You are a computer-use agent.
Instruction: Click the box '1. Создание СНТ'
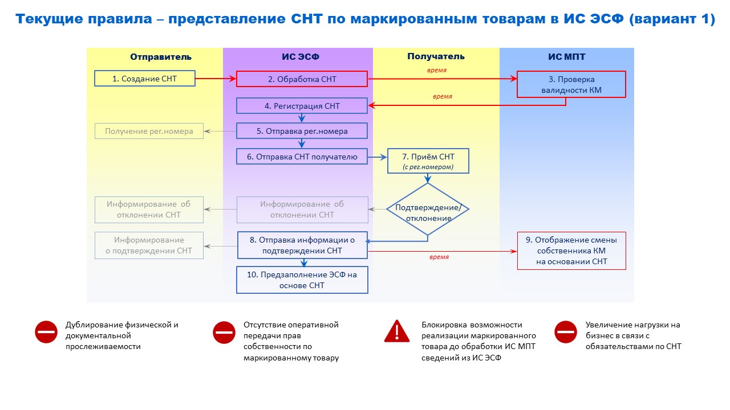click(x=145, y=79)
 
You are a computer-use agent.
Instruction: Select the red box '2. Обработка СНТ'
click(x=302, y=79)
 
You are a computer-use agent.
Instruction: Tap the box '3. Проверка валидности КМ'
click(x=571, y=84)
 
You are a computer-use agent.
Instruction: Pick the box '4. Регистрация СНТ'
click(x=302, y=106)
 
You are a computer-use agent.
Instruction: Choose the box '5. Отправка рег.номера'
click(x=302, y=131)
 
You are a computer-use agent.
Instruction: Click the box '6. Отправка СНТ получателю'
click(x=302, y=157)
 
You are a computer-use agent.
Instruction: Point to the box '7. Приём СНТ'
click(x=428, y=161)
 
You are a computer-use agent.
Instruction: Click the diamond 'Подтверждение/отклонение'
click(x=428, y=209)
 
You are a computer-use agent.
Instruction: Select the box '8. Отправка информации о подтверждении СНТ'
click(x=302, y=245)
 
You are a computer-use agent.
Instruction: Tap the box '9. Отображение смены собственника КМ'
click(x=571, y=251)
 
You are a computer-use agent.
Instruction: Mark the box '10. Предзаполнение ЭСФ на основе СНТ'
click(x=302, y=280)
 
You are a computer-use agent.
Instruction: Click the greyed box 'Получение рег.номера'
click(x=149, y=132)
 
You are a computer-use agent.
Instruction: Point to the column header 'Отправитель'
click(x=161, y=57)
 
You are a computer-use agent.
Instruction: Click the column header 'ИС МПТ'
click(x=566, y=57)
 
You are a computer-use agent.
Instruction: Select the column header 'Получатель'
click(x=436, y=57)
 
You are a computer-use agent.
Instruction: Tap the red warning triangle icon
click(x=397, y=331)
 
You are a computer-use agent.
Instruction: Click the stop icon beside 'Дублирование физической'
click(x=47, y=332)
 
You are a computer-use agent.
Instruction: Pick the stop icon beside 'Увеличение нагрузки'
click(x=566, y=332)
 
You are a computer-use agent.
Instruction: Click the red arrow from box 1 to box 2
click(x=216, y=79)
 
